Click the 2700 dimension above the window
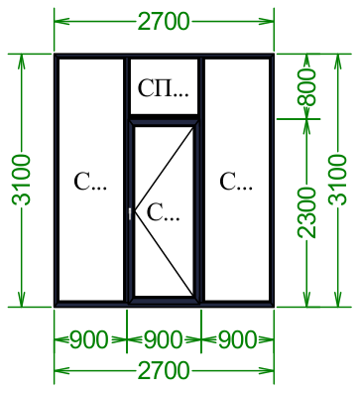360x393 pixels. pyautogui.click(x=164, y=22)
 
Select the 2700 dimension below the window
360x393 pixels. pyautogui.click(x=164, y=370)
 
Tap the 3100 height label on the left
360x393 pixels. pyautogui.click(x=22, y=180)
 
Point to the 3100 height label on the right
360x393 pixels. pyautogui.click(x=338, y=180)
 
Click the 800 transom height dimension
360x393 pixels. pyautogui.click(x=307, y=87)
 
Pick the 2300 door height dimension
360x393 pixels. pyautogui.click(x=307, y=212)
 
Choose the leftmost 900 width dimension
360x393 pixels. pyautogui.click(x=89, y=339)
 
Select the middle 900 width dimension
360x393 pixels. pyautogui.click(x=164, y=339)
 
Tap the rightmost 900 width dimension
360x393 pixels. pyautogui.click(x=238, y=339)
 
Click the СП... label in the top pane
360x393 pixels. pyautogui.click(x=164, y=88)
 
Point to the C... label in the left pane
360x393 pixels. pyautogui.click(x=90, y=182)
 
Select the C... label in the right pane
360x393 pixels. pyautogui.click(x=236, y=182)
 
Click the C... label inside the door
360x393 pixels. pyautogui.click(x=163, y=212)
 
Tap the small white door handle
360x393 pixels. pyautogui.click(x=130, y=213)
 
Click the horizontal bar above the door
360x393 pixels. pyautogui.click(x=164, y=116)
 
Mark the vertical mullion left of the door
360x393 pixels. pyautogui.click(x=126, y=180)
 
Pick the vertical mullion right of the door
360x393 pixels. pyautogui.click(x=202, y=180)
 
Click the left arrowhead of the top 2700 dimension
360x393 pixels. pyautogui.click(x=60, y=22)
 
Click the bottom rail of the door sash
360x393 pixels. pyautogui.click(x=164, y=300)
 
